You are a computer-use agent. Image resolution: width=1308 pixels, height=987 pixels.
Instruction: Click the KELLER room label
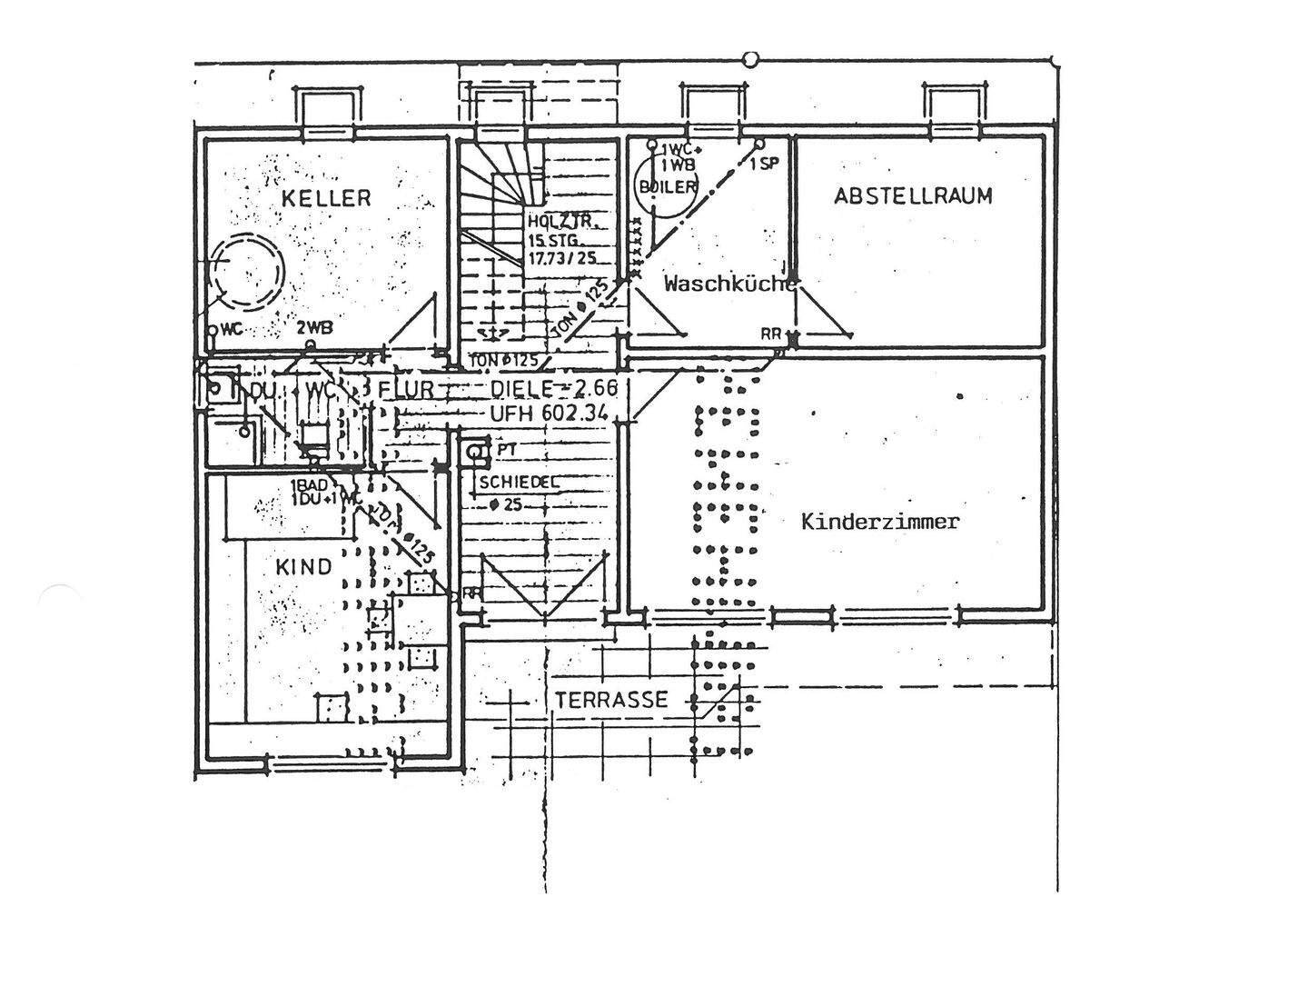[326, 197]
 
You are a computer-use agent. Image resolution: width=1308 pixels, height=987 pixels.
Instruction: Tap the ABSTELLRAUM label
[914, 195]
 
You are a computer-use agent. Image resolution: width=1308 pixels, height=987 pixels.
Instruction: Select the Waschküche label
[729, 284]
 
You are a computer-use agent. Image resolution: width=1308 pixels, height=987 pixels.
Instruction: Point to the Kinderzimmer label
[880, 522]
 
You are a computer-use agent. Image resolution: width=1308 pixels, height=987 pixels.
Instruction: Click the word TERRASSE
[611, 700]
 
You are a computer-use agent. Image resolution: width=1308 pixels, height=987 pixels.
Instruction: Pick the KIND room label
[303, 567]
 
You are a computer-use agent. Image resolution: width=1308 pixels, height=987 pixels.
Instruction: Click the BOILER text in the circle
[668, 186]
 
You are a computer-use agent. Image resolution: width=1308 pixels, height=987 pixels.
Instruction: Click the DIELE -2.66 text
[554, 388]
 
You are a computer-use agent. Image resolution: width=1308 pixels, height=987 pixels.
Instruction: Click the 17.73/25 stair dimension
[562, 258]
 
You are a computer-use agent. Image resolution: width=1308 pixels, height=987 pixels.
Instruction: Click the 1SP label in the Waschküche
[764, 163]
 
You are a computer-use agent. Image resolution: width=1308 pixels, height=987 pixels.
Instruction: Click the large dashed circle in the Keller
[247, 272]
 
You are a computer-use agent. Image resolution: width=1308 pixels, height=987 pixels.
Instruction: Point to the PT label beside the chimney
[507, 449]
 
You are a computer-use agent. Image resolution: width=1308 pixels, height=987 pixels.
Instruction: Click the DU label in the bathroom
[263, 390]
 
